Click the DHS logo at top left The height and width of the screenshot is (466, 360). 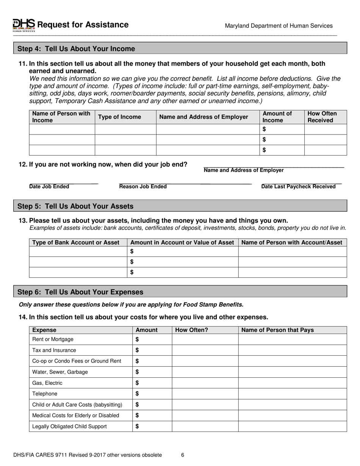24,25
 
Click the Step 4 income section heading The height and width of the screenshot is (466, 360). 76,49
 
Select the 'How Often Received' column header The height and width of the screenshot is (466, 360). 322,117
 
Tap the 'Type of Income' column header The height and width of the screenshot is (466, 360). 119,117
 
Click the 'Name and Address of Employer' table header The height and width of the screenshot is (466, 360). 203,117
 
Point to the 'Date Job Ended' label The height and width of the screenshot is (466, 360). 49,186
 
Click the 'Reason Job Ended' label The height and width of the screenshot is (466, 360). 143,186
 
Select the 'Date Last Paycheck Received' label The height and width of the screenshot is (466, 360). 298,186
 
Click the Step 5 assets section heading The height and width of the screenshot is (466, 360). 75,206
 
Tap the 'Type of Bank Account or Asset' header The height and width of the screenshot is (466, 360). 76,242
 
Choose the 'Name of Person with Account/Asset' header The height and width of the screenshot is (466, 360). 291,242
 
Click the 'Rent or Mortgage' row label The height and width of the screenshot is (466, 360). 53,339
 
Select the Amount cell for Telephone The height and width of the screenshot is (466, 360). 152,394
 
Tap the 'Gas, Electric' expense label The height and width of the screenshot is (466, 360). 47,383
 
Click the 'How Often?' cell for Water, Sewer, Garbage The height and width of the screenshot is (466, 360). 205,372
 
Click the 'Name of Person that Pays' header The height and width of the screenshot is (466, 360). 277,330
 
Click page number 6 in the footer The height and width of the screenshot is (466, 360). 182,455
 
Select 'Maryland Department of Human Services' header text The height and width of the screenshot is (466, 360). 279,26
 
